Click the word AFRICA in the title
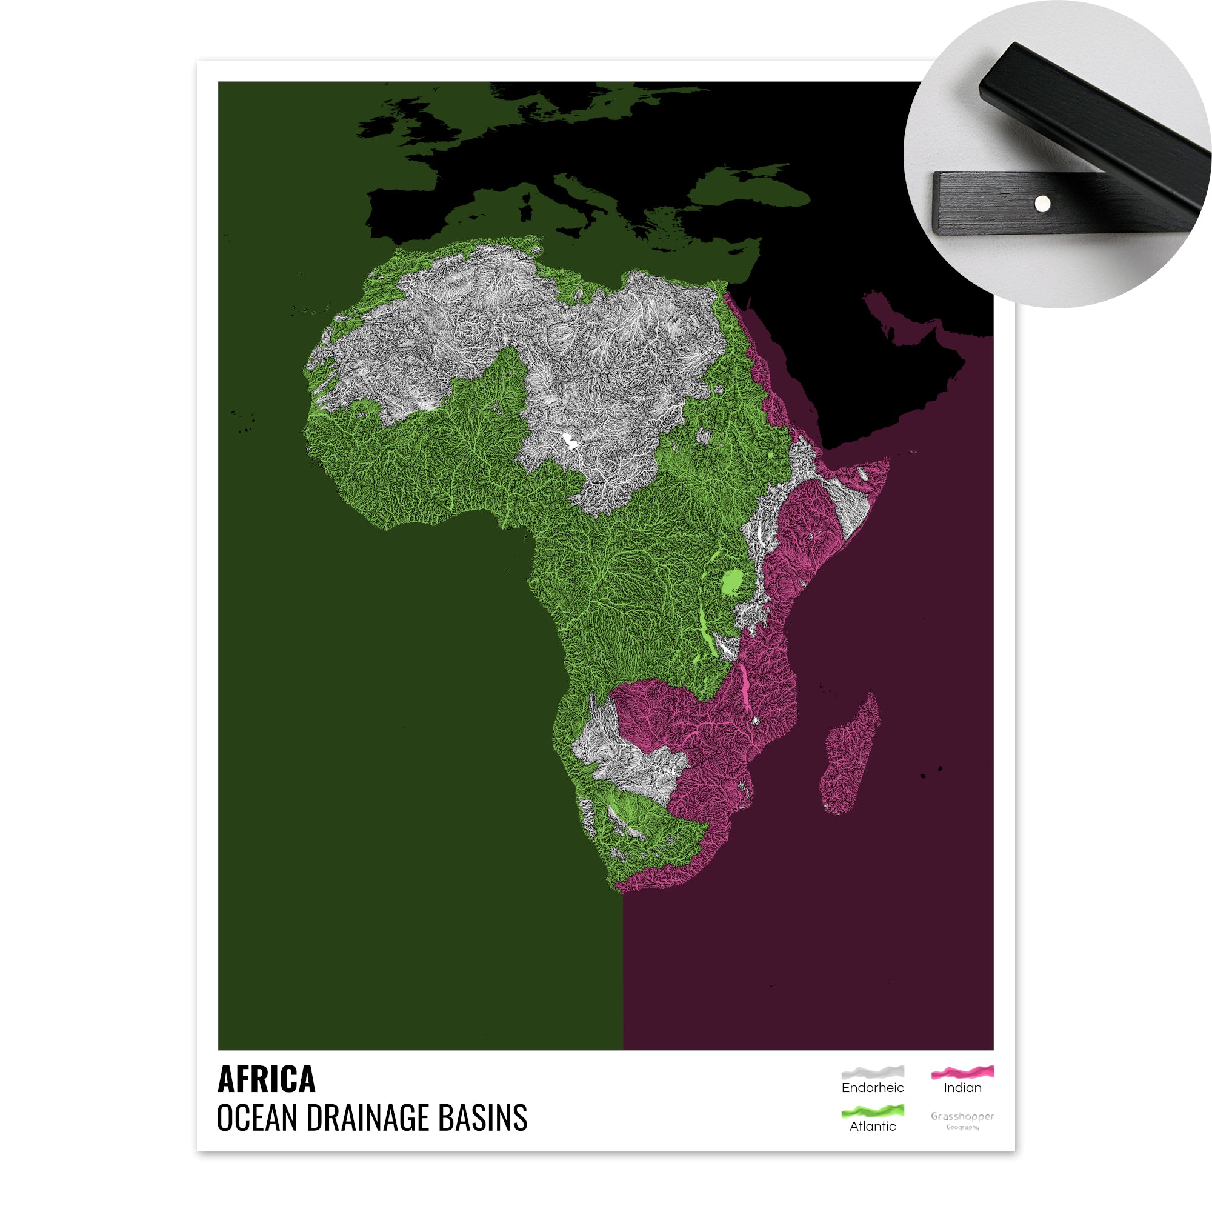(266, 1080)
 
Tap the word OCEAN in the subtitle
(257, 1119)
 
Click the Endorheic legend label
(873, 1088)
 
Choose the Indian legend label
(962, 1088)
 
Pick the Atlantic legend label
(873, 1127)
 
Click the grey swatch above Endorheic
(873, 1072)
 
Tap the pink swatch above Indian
(962, 1072)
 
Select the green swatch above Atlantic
(873, 1111)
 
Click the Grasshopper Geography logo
(962, 1120)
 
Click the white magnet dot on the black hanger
(1042, 203)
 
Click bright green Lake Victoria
(731, 583)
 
